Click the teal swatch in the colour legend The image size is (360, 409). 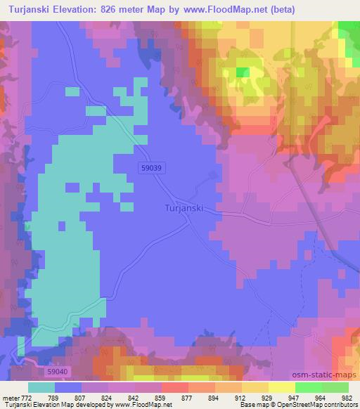pos(41,387)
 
